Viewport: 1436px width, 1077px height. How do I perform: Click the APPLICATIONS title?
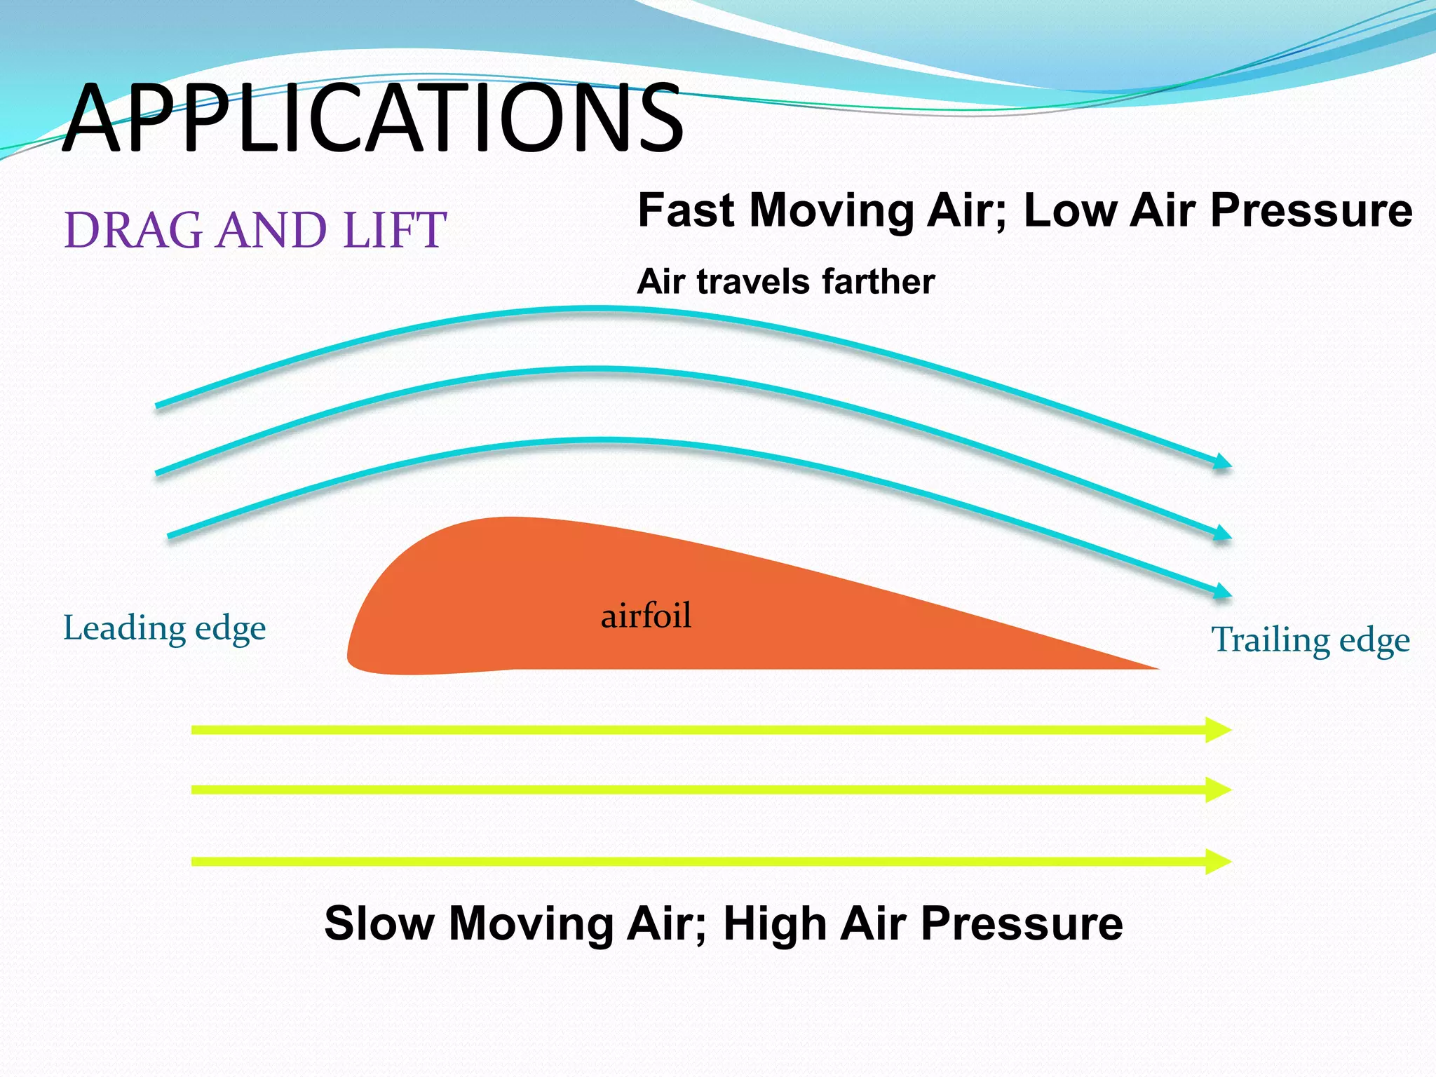[x=372, y=118]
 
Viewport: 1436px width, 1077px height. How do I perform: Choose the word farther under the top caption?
[x=878, y=282]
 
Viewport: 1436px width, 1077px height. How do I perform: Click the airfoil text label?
[x=646, y=616]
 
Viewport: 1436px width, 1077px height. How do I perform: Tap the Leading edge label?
[x=164, y=628]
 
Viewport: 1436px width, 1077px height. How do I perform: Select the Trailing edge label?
[x=1310, y=639]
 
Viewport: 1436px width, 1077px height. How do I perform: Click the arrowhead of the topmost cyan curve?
[x=1222, y=461]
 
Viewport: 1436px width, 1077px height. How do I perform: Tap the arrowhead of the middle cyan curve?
[x=1222, y=533]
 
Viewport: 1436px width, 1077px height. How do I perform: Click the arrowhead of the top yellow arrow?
[x=1219, y=730]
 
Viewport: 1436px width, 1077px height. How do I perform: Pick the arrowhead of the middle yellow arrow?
[x=1219, y=790]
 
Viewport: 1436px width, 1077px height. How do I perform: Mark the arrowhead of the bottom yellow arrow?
[x=1219, y=861]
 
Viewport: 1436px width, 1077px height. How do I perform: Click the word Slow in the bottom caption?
[x=379, y=923]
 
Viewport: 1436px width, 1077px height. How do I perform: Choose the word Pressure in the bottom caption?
[x=1022, y=923]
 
